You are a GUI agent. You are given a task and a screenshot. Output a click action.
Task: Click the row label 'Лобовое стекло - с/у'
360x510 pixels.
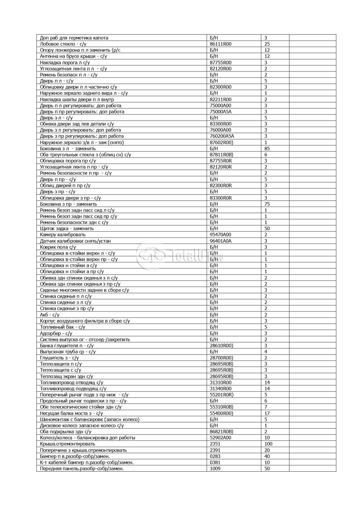[63, 44]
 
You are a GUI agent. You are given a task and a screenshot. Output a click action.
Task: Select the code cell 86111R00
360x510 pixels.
[221, 44]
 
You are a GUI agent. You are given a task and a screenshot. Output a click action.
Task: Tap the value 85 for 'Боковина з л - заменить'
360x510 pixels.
[267, 148]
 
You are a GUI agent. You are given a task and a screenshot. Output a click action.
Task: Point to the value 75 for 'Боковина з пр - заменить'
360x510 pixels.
[267, 204]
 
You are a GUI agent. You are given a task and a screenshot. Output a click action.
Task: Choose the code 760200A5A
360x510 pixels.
[222, 136]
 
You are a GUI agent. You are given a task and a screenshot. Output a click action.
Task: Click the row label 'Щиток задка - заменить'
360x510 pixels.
[67, 228]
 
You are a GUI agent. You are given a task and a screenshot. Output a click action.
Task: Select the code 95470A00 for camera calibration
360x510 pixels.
[221, 235]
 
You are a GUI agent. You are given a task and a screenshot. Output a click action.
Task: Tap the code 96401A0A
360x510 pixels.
[221, 241]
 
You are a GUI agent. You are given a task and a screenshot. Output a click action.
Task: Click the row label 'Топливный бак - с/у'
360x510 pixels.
[62, 327]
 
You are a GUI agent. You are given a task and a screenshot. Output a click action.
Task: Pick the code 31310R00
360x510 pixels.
[221, 382]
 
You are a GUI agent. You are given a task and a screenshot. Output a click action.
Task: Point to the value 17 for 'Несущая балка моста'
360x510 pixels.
[267, 413]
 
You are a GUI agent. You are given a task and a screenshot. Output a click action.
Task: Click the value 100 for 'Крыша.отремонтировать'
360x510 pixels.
[268, 444]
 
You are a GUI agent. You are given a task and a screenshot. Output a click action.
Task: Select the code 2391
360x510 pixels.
[215, 450]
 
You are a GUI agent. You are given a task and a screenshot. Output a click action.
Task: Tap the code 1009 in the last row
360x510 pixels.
[215, 468]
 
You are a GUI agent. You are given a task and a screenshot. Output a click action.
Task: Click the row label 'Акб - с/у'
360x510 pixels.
[50, 315]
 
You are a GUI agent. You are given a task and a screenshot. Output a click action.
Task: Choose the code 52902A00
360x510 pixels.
[221, 438]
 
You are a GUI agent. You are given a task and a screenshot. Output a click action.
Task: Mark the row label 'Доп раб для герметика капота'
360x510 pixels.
[74, 38]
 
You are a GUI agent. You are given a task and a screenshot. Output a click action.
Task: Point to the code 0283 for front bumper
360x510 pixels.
[215, 456]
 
